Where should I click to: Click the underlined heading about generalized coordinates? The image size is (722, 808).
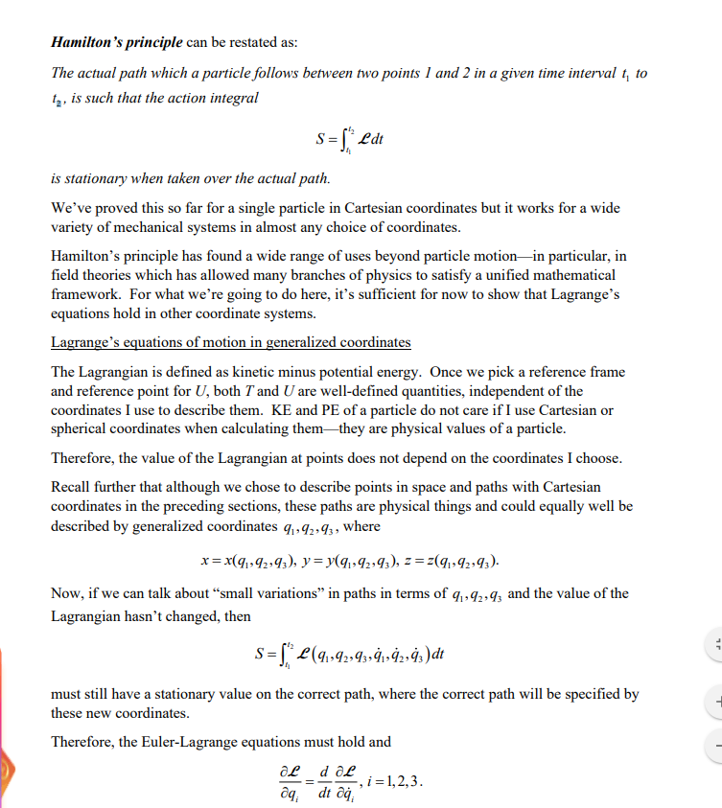[x=230, y=342]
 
